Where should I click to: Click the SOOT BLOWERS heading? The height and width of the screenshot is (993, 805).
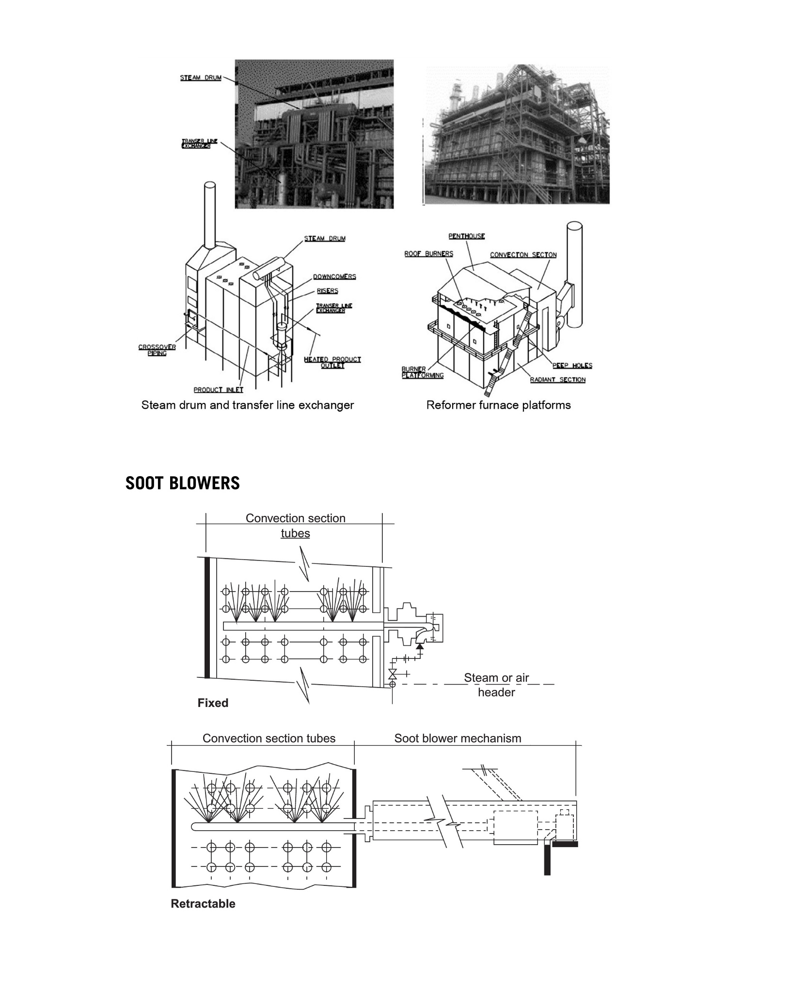(182, 483)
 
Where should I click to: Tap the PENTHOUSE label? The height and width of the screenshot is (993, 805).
(466, 236)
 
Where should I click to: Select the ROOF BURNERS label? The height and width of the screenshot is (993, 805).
(428, 254)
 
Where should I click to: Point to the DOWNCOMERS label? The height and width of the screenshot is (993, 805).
(334, 276)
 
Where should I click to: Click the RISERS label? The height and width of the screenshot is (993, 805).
(328, 291)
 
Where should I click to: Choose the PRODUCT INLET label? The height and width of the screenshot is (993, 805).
(218, 390)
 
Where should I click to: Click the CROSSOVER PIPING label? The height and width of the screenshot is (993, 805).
(157, 350)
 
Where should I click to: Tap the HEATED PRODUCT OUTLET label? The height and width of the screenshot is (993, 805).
(332, 362)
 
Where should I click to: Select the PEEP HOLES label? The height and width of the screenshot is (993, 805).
(572, 366)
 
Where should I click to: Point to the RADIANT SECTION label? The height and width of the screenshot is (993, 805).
(557, 380)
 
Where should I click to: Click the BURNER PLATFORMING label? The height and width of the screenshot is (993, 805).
(422, 372)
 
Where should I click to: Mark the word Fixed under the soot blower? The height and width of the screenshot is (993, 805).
(213, 703)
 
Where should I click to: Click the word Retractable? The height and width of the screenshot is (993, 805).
(203, 904)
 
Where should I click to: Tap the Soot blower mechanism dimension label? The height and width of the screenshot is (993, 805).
(458, 738)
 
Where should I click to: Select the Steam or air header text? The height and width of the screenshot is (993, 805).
(496, 685)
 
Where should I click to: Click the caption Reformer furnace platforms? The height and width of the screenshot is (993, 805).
(498, 405)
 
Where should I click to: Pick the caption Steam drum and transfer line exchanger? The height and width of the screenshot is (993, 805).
(248, 405)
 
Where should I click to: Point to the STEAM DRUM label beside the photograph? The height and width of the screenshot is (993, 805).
(201, 78)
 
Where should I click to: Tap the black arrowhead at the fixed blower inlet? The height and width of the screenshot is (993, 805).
(420, 646)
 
